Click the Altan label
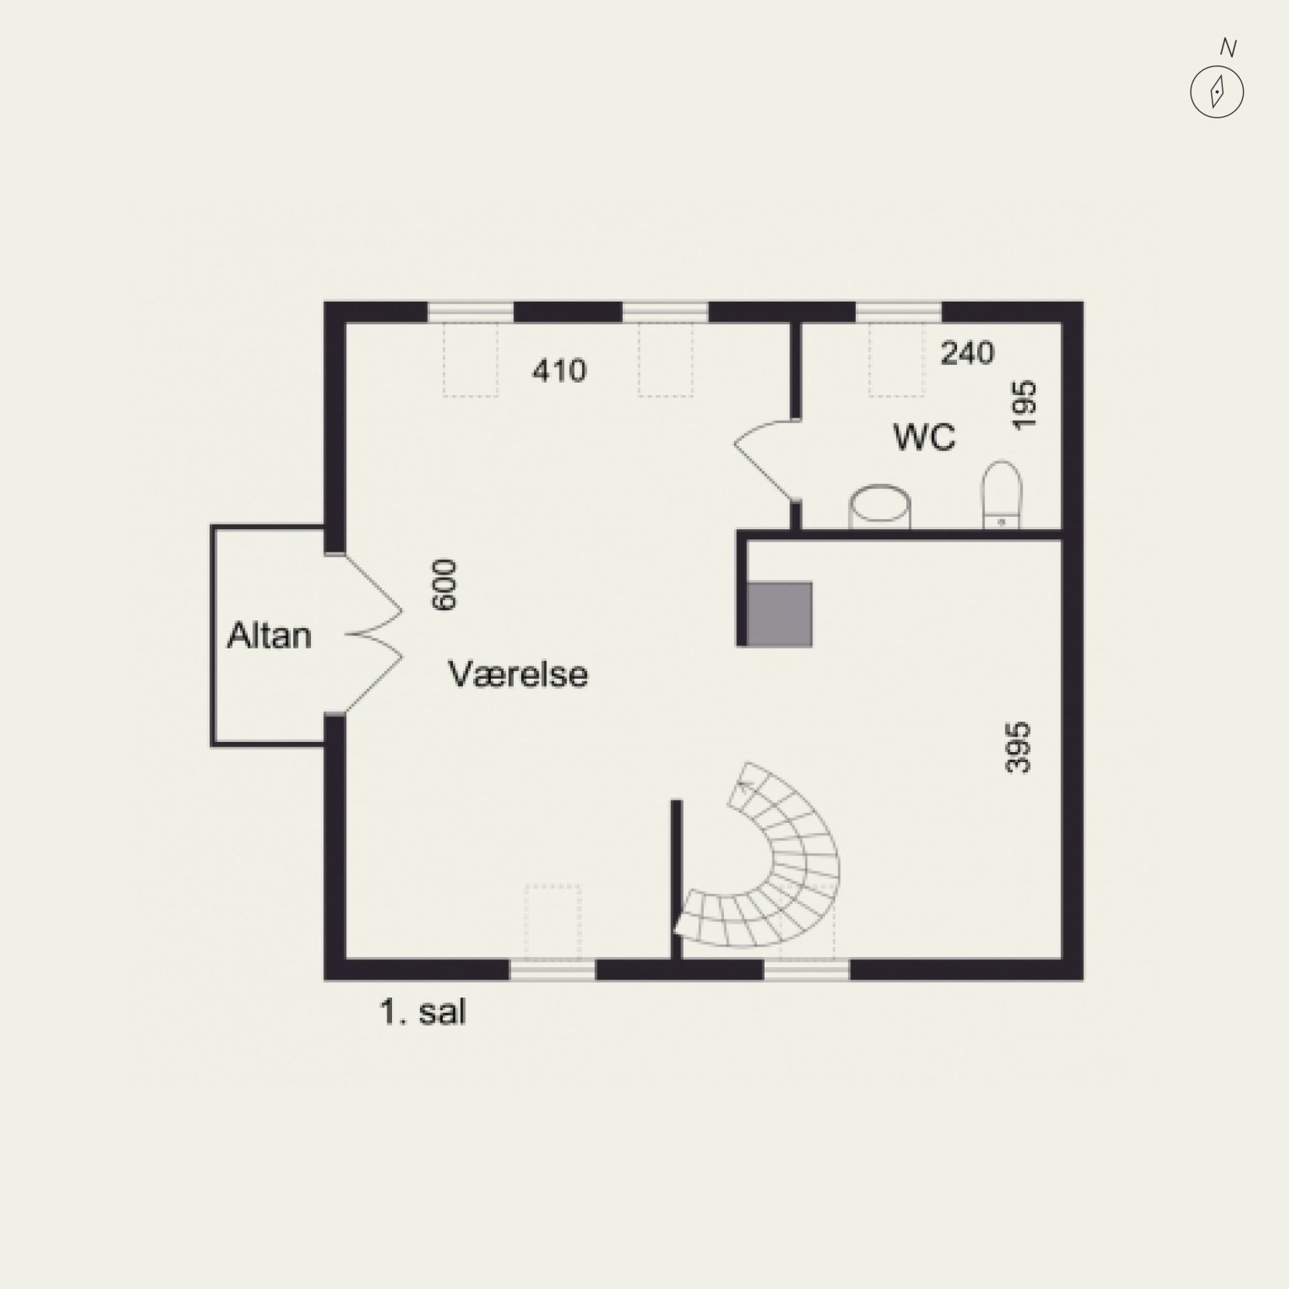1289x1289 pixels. pyautogui.click(x=269, y=636)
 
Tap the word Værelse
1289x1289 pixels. pyautogui.click(x=517, y=673)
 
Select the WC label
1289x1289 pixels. pyautogui.click(x=924, y=437)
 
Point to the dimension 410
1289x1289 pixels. pyautogui.click(x=559, y=370)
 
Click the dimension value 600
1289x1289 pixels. pyautogui.click(x=444, y=584)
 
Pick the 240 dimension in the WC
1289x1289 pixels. pyautogui.click(x=968, y=353)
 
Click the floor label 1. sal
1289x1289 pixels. pyautogui.click(x=423, y=1012)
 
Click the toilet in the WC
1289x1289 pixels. pyautogui.click(x=1001, y=496)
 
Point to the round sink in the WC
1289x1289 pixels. pyautogui.click(x=879, y=508)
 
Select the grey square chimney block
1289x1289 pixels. pyautogui.click(x=779, y=614)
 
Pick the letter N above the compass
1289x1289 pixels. pyautogui.click(x=1228, y=48)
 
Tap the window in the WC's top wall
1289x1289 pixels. pyautogui.click(x=899, y=312)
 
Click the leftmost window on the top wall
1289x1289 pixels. pyautogui.click(x=471, y=312)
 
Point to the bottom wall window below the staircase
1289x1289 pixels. pyautogui.click(x=806, y=969)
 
